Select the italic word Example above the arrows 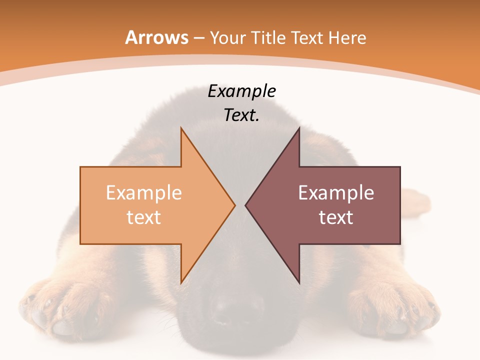242,91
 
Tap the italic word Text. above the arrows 242,115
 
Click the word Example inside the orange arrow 144,193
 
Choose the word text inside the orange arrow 144,217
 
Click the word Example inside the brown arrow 336,193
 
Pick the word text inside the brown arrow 336,217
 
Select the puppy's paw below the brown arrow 395,310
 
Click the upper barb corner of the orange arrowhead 181,128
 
